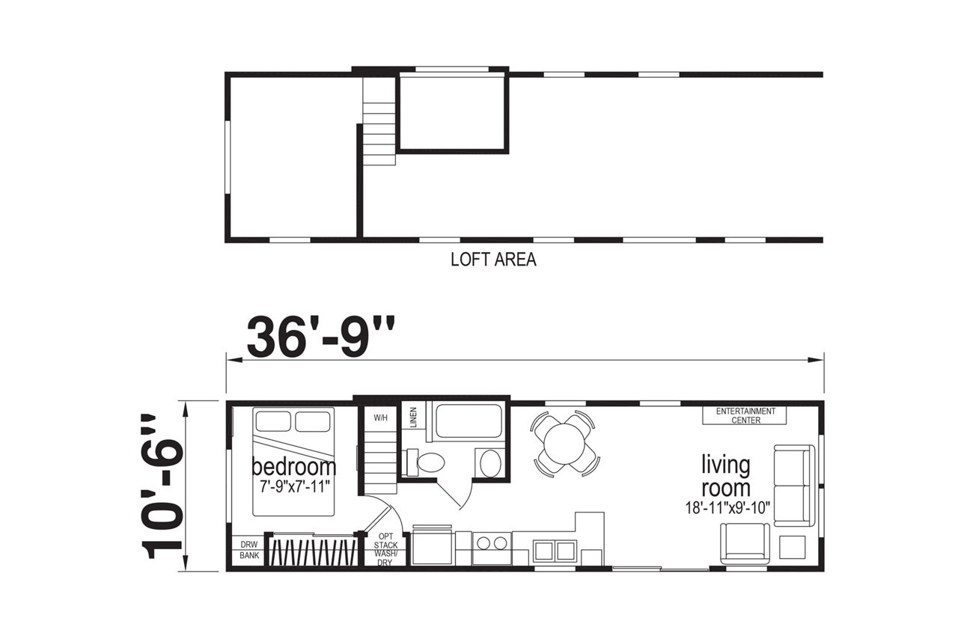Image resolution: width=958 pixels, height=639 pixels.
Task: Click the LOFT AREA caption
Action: coord(493,260)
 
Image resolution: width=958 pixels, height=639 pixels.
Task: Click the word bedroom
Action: coord(294,467)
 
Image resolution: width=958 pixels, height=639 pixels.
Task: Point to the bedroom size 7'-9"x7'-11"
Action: coord(296,486)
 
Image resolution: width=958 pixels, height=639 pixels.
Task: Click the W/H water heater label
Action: coord(380,418)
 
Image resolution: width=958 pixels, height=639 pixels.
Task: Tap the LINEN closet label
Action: coord(413,417)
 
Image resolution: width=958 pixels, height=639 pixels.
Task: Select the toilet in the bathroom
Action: coord(426,462)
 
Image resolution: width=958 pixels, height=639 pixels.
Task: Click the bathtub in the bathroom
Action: coord(469,421)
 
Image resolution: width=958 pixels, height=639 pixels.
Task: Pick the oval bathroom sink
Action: coord(491,462)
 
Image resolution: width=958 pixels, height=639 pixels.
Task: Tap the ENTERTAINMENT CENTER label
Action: coord(745,416)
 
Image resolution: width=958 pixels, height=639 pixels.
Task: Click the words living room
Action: coord(726,476)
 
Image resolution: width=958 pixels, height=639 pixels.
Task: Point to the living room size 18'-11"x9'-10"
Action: coord(727,508)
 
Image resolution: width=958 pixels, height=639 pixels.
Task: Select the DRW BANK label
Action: coord(249,550)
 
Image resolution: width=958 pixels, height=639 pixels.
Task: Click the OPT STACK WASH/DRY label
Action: coord(385,550)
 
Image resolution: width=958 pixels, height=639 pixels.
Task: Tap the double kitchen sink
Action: coord(555,551)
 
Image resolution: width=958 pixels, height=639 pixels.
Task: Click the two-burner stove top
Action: coord(492,543)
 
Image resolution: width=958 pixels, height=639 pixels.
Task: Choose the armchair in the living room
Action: coord(745,544)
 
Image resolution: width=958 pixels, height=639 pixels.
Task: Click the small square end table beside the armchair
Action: coord(792,547)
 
